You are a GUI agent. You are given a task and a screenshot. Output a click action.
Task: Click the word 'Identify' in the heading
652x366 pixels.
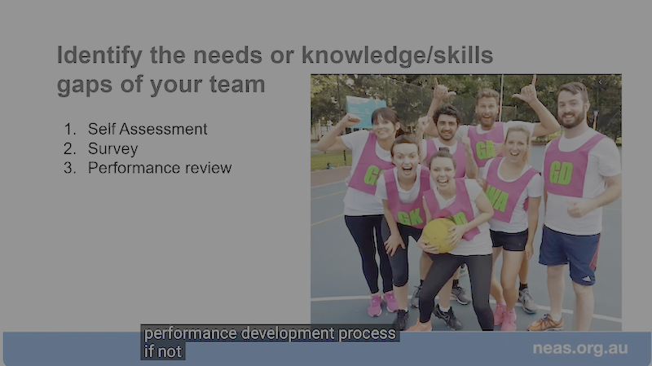99,56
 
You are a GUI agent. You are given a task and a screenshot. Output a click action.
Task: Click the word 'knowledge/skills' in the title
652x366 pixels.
397,55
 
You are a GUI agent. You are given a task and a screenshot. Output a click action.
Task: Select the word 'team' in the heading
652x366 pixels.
237,85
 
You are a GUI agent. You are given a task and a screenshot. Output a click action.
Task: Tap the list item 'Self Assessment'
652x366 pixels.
148,130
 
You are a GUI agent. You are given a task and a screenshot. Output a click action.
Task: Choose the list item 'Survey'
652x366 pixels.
112,149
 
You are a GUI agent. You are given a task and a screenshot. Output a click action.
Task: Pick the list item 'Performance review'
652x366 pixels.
160,168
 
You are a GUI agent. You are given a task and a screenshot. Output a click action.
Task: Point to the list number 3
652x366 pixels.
69,168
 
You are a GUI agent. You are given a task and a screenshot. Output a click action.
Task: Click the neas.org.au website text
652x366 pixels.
580,348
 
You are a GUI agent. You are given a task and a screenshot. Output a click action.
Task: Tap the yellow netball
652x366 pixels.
439,236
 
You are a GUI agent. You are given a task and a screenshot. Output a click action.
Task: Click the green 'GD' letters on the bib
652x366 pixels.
561,173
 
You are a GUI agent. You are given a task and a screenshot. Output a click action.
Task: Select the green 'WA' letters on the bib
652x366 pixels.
497,199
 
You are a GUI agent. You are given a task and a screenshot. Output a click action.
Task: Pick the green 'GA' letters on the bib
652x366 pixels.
485,150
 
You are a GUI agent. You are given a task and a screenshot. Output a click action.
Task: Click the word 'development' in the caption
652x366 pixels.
288,333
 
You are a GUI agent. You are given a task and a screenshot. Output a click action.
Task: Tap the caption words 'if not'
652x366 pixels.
162,352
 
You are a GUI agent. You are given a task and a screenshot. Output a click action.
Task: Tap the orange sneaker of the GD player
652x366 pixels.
545,323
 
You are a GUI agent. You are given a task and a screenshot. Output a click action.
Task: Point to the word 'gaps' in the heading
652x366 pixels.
85,86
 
